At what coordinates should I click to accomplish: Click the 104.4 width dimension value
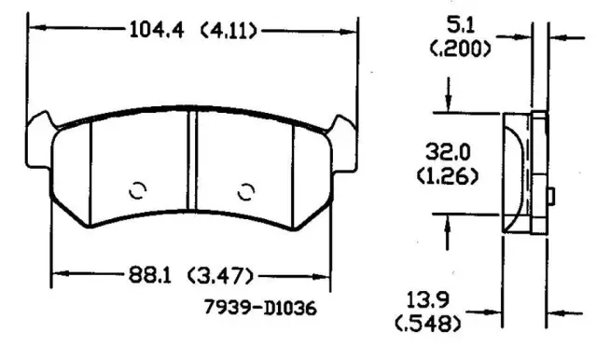(157, 30)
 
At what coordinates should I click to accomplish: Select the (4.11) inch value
(229, 31)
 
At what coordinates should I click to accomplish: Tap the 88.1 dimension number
(150, 274)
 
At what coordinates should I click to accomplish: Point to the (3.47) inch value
(220, 275)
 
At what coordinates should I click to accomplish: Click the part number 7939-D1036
(260, 307)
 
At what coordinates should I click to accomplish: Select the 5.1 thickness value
(460, 26)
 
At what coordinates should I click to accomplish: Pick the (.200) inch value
(460, 48)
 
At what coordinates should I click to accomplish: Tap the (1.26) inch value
(448, 176)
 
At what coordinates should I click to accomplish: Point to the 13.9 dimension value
(428, 299)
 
